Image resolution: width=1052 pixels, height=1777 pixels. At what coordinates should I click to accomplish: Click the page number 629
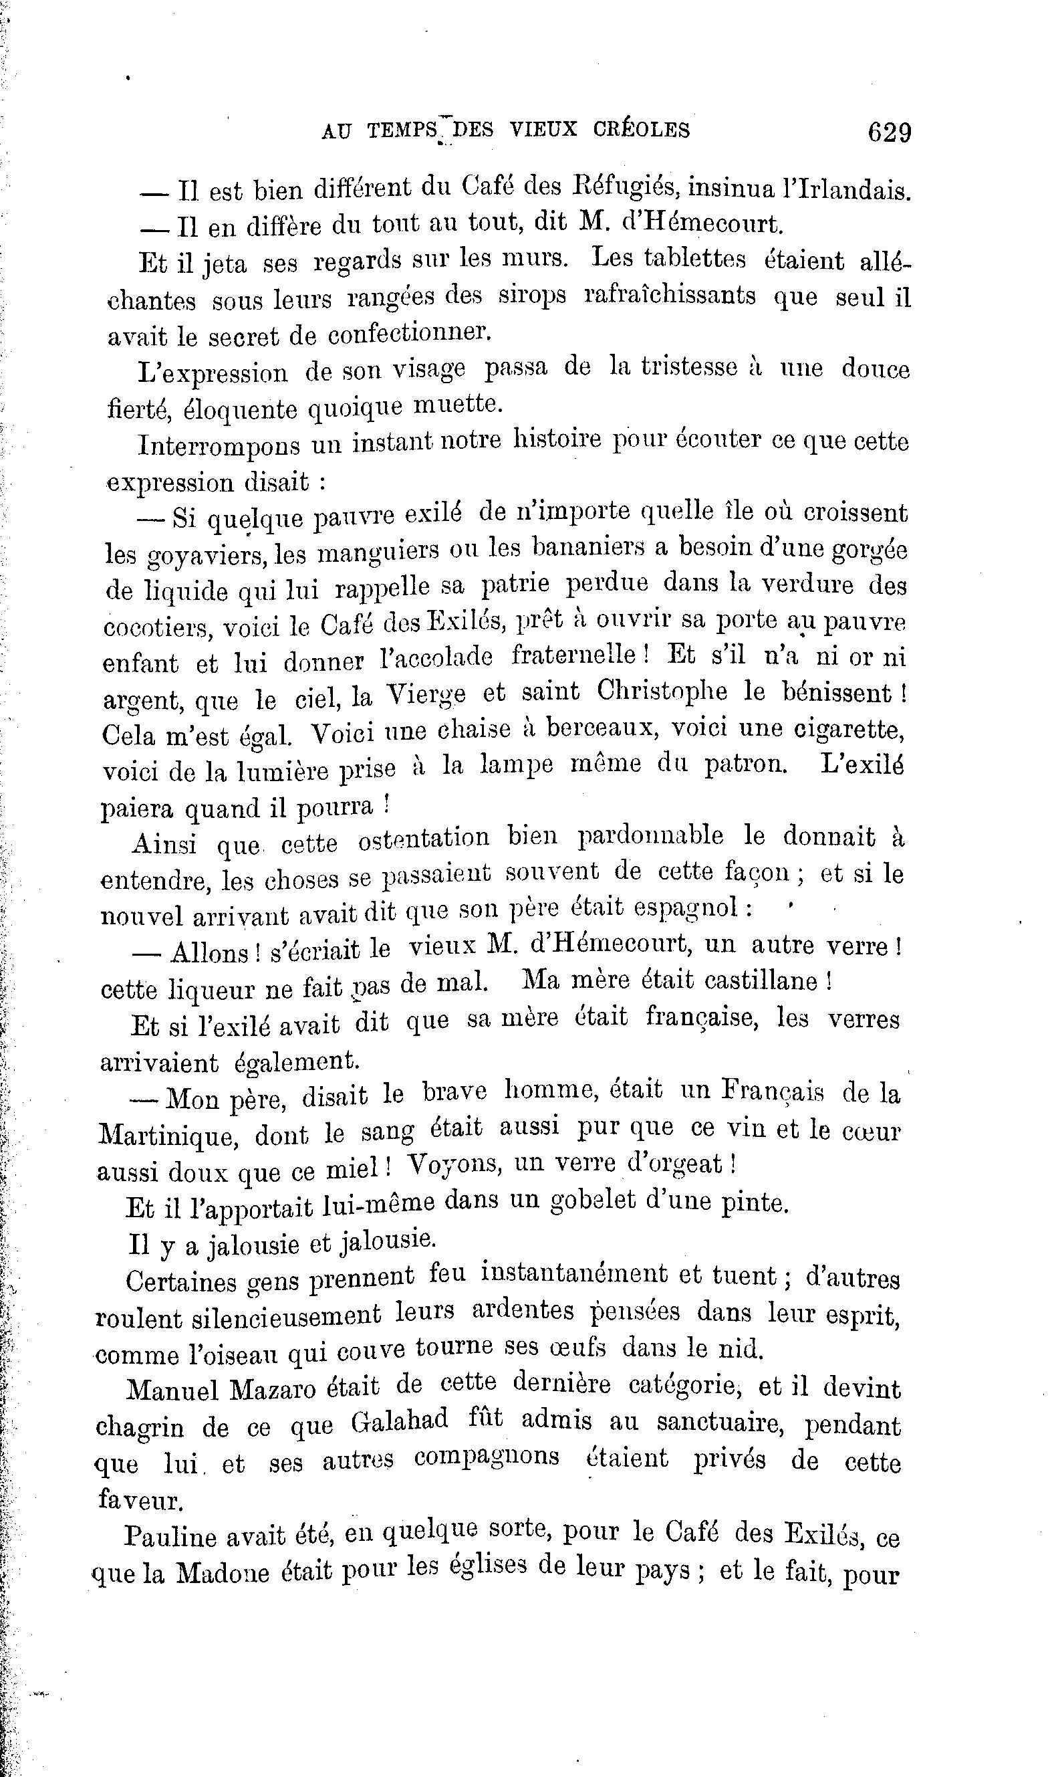tap(890, 132)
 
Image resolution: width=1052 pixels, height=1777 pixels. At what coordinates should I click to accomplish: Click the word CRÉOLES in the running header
tap(642, 130)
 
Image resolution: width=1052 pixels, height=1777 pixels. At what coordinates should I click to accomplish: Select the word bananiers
tap(600, 548)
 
